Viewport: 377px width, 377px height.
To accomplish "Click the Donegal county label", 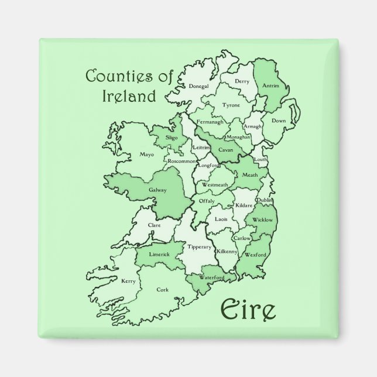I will click(200, 87).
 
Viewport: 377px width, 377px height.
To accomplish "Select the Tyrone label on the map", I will click(231, 106).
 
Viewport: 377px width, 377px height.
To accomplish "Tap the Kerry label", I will click(128, 282).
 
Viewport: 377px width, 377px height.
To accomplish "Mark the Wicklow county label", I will click(263, 220).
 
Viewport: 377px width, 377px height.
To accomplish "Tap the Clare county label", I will click(155, 225).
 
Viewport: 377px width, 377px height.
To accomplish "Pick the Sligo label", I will click(155, 136).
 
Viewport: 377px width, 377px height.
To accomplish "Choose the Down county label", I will click(278, 121).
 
